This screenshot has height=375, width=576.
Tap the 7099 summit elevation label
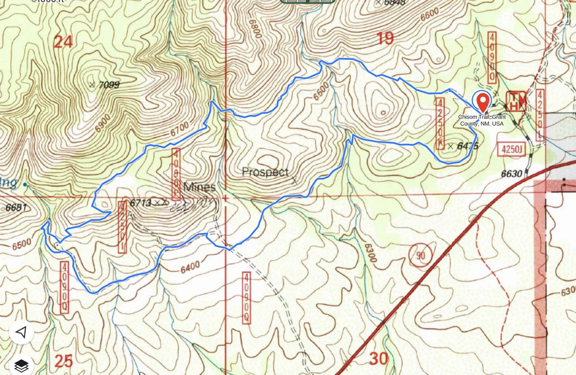pyautogui.click(x=109, y=85)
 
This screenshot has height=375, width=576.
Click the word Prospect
pyautogui.click(x=265, y=172)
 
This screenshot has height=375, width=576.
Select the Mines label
pyautogui.click(x=199, y=187)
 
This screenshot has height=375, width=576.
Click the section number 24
pyautogui.click(x=63, y=42)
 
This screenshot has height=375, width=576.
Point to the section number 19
pyautogui.click(x=385, y=38)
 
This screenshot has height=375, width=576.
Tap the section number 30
pyautogui.click(x=379, y=359)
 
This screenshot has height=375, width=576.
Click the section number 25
pyautogui.click(x=64, y=361)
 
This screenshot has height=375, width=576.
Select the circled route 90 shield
pyautogui.click(x=420, y=255)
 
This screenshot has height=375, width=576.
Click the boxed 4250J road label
pyautogui.click(x=511, y=149)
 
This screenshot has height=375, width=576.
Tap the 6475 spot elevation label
pyautogui.click(x=467, y=146)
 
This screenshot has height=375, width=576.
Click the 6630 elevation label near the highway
pyautogui.click(x=511, y=174)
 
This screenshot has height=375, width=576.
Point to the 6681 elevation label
pyautogui.click(x=16, y=207)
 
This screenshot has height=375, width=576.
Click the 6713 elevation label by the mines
pyautogui.click(x=140, y=203)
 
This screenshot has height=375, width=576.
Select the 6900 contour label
pyautogui.click(x=103, y=123)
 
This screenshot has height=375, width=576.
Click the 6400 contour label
pyautogui.click(x=190, y=267)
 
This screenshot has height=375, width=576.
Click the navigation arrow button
pyautogui.click(x=21, y=332)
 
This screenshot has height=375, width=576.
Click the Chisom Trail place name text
pyautogui.click(x=482, y=120)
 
